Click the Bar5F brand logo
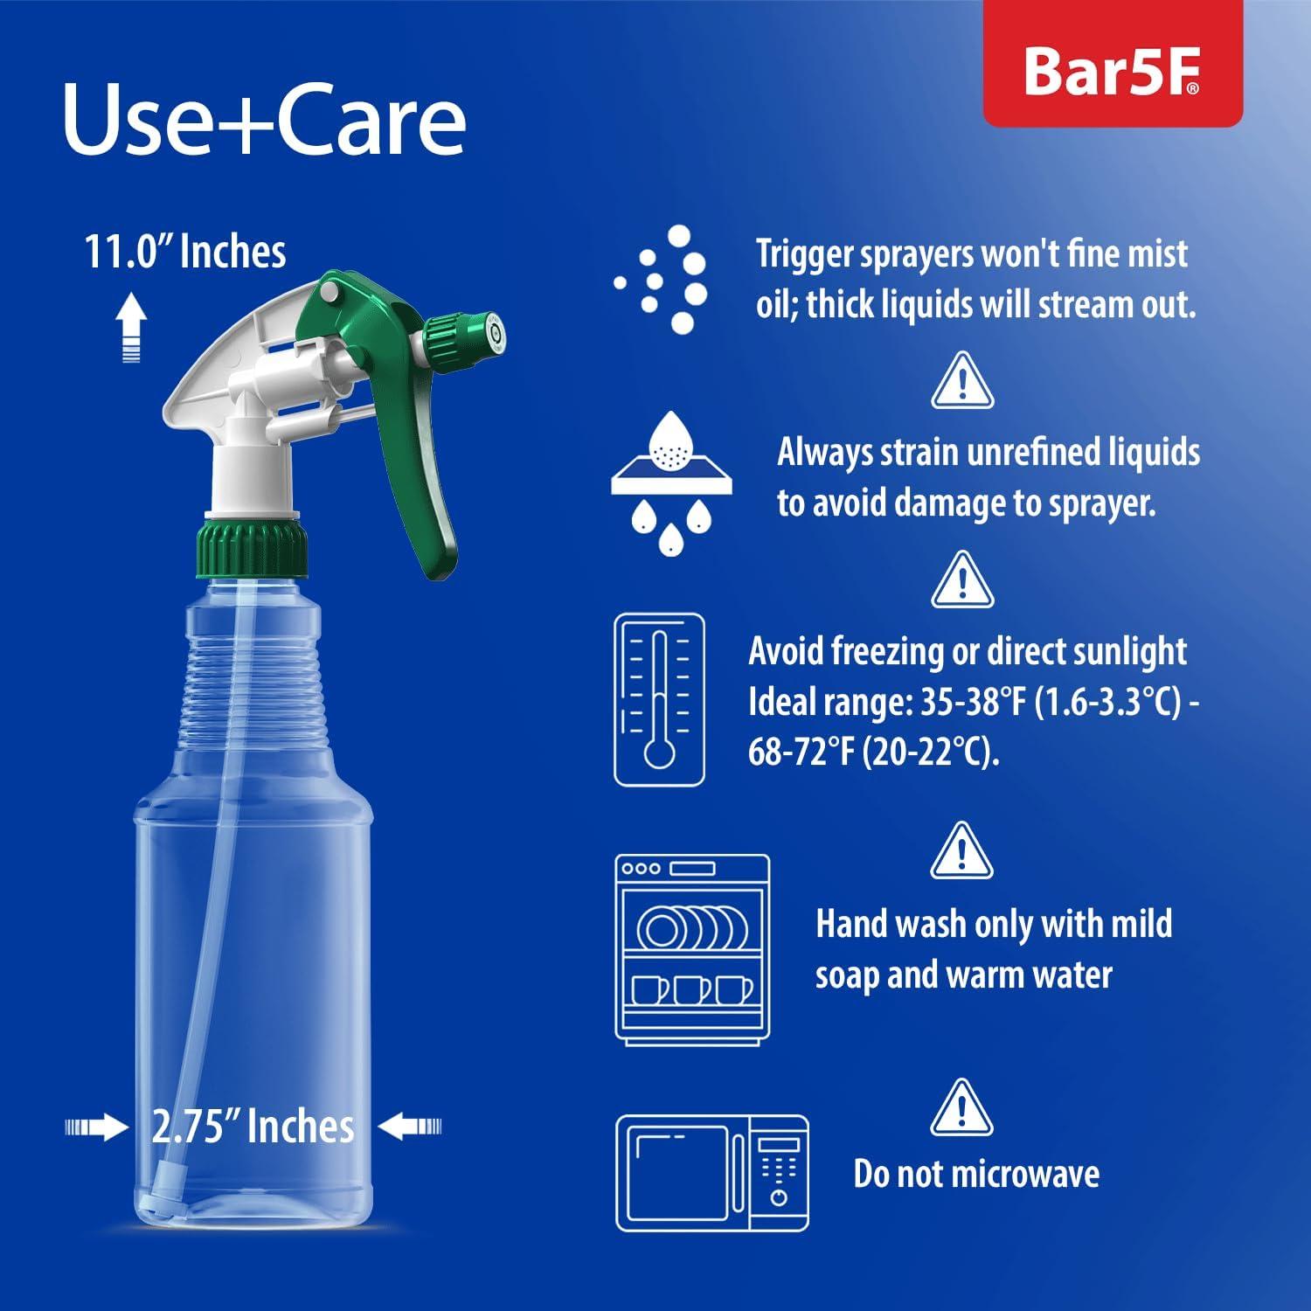pos(1112,72)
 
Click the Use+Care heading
pos(264,120)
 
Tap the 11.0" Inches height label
pos(184,252)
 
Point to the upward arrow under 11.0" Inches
pos(130,328)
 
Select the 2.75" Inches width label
pos(253,1126)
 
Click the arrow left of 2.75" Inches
pos(96,1127)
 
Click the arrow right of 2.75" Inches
pos(411,1126)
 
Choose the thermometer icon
pos(659,699)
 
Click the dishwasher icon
pos(692,948)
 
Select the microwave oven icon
pos(712,1173)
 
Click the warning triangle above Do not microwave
pos(961,1107)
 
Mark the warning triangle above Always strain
pos(961,381)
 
